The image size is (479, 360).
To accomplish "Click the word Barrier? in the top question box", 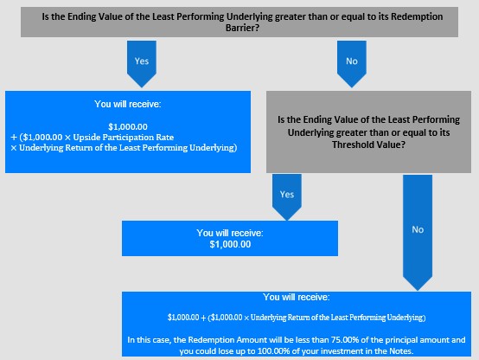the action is click(242, 28).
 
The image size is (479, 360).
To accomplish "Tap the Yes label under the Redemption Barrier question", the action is click(142, 61).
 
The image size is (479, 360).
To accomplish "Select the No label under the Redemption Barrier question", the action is click(352, 61).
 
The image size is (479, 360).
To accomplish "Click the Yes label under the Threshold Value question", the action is click(287, 195).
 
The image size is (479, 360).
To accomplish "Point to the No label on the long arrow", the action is click(418, 229).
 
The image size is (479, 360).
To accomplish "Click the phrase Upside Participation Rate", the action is click(124, 138).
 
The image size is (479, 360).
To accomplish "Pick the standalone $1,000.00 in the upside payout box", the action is click(128, 126).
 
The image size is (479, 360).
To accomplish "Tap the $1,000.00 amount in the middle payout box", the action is click(230, 244).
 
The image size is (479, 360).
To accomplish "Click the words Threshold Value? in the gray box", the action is click(368, 145).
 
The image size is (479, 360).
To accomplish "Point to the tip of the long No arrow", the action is click(418, 290).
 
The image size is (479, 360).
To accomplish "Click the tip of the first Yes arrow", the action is click(142, 87).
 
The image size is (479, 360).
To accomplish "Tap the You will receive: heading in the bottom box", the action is click(297, 297).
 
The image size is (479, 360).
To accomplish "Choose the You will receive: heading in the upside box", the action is click(128, 105).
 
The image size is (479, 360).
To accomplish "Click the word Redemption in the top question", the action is click(417, 16).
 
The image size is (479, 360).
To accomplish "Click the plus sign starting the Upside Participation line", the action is click(14, 138).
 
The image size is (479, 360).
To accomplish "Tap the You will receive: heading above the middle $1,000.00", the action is click(230, 233).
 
